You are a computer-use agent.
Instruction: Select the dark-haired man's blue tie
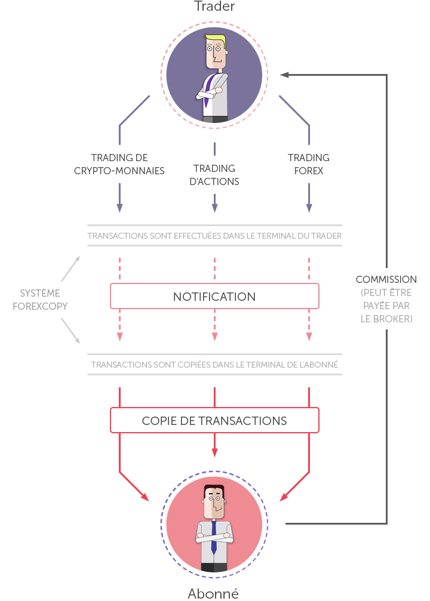click(214, 537)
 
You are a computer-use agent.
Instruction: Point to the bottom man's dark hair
click(214, 489)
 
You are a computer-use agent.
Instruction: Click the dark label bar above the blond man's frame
click(214, 5)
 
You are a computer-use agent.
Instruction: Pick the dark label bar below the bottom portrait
click(213, 593)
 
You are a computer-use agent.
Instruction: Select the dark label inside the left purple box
click(119, 164)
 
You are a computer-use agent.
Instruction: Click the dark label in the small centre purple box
click(214, 175)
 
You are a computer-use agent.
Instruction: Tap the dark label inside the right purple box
click(308, 164)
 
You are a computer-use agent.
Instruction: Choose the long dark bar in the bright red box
click(214, 421)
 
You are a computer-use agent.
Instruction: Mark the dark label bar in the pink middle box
click(214, 297)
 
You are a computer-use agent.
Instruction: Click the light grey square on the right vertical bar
click(386, 305)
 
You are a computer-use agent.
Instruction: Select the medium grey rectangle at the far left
click(40, 299)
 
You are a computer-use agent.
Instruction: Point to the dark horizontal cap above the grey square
click(386, 279)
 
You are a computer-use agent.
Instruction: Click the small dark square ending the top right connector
click(284, 75)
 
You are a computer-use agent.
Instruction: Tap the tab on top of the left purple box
click(134, 109)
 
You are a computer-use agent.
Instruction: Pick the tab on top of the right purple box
click(294, 109)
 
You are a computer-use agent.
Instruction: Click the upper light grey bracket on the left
click(69, 270)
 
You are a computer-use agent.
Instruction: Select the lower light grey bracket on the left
click(69, 329)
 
